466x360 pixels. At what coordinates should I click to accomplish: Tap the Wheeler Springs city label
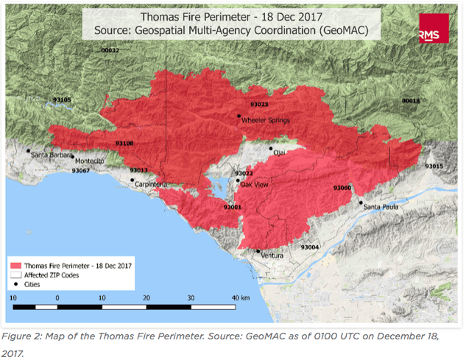click(x=266, y=121)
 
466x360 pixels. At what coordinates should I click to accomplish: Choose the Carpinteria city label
click(x=155, y=184)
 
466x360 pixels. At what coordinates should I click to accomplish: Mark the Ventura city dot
click(x=258, y=251)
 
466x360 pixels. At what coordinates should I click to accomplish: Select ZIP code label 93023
click(x=258, y=105)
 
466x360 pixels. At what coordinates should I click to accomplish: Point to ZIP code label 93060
click(x=342, y=188)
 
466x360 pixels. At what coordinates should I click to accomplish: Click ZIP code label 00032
click(x=110, y=50)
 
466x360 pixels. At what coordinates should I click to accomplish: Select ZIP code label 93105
click(x=63, y=100)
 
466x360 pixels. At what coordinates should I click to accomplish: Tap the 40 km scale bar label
click(x=241, y=297)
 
